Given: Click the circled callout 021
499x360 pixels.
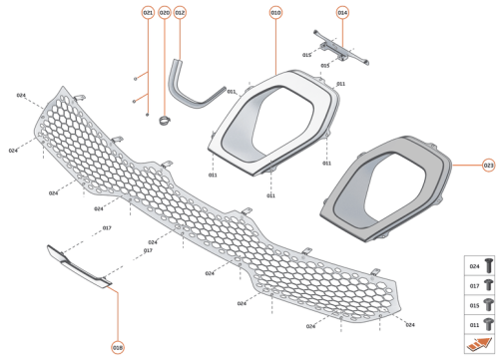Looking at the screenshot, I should (x=148, y=12).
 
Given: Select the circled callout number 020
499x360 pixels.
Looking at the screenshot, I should (x=164, y=12).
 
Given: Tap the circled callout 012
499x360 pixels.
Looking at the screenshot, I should (x=180, y=12).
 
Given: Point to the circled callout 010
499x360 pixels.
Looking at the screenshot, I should (x=275, y=12).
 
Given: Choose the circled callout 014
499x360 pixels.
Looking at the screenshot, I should (x=342, y=12).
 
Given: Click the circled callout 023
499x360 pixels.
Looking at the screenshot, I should (x=488, y=163).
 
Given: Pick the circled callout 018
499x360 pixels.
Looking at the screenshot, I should (x=118, y=347).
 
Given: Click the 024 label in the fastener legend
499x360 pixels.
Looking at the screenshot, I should (x=475, y=267).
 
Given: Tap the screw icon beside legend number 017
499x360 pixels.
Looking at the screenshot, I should (x=489, y=285).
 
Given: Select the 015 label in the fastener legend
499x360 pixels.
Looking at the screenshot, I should (x=475, y=304).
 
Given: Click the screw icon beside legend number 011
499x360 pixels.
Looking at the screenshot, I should (x=489, y=323).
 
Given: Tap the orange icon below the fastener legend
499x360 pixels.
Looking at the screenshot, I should (x=481, y=343).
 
